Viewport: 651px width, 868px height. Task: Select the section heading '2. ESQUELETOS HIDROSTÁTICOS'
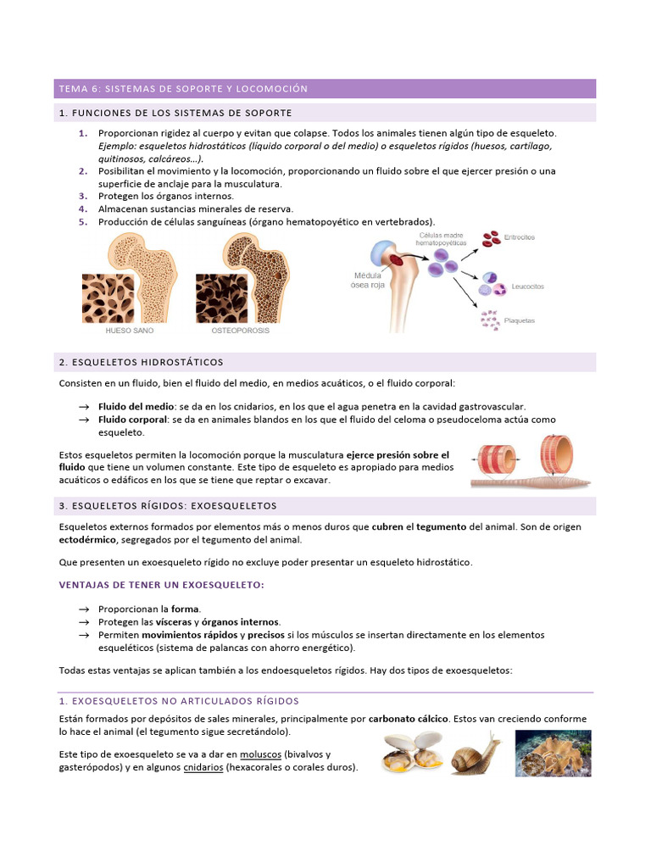(x=142, y=363)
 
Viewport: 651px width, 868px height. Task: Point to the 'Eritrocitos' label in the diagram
(x=519, y=237)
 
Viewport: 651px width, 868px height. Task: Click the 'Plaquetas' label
(x=520, y=320)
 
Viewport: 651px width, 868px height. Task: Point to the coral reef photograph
(x=553, y=753)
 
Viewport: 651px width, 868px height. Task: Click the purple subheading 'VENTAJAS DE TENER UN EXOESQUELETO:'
(x=161, y=585)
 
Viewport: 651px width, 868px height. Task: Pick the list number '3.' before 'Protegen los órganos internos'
(x=83, y=196)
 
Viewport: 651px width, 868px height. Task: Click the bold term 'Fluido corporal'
(x=131, y=420)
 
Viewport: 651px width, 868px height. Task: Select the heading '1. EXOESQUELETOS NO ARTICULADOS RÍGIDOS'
(x=179, y=701)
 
